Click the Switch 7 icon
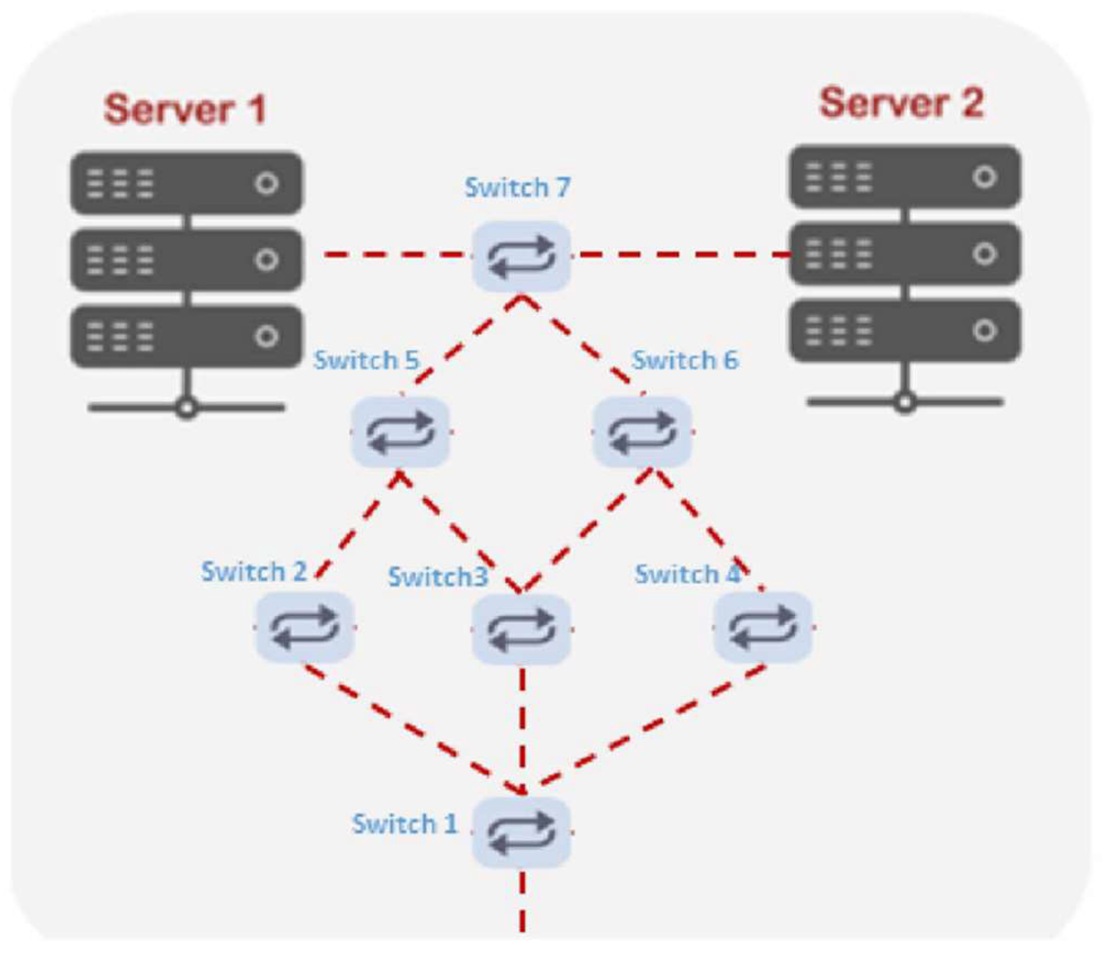pyautogui.click(x=522, y=256)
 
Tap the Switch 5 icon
pyautogui.click(x=400, y=432)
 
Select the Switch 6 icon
pyautogui.click(x=642, y=432)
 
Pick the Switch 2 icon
pyautogui.click(x=305, y=627)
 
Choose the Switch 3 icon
pyautogui.click(x=522, y=629)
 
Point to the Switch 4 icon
pyautogui.click(x=762, y=627)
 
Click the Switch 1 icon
pyautogui.click(x=522, y=832)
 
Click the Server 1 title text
pyautogui.click(x=185, y=109)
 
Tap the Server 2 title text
pyautogui.click(x=901, y=103)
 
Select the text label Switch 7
pyautogui.click(x=517, y=187)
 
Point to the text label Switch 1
pyautogui.click(x=404, y=824)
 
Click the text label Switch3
pyautogui.click(x=438, y=577)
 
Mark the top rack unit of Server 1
pyautogui.click(x=186, y=183)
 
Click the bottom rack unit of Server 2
pyautogui.click(x=905, y=331)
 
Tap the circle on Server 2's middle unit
pyautogui.click(x=984, y=254)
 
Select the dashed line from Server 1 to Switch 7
pyautogui.click(x=395, y=254)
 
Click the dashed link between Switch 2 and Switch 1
pyautogui.click(x=412, y=728)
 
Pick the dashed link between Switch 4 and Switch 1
pyautogui.click(x=648, y=726)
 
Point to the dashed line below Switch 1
pyautogui.click(x=522, y=901)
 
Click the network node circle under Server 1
pyautogui.click(x=187, y=409)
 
